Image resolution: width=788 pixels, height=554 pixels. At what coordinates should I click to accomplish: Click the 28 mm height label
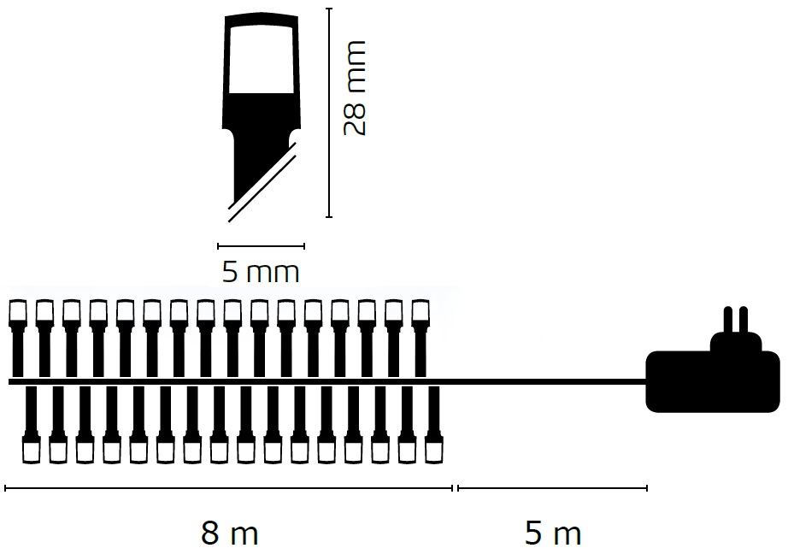(356, 88)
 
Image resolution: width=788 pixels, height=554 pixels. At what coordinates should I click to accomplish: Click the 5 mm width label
(261, 272)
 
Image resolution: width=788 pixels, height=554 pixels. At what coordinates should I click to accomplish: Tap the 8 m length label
(230, 533)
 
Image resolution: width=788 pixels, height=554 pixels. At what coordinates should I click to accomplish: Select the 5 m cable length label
(553, 533)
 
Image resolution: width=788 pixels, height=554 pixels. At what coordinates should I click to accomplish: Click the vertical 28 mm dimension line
(329, 113)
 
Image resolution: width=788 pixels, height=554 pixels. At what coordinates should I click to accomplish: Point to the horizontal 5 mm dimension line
(261, 246)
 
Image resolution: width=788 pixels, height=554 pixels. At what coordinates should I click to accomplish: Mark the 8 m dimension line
(229, 487)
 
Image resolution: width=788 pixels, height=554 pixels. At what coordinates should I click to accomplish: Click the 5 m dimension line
(552, 487)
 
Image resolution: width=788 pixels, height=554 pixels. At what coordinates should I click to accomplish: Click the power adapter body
(713, 381)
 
